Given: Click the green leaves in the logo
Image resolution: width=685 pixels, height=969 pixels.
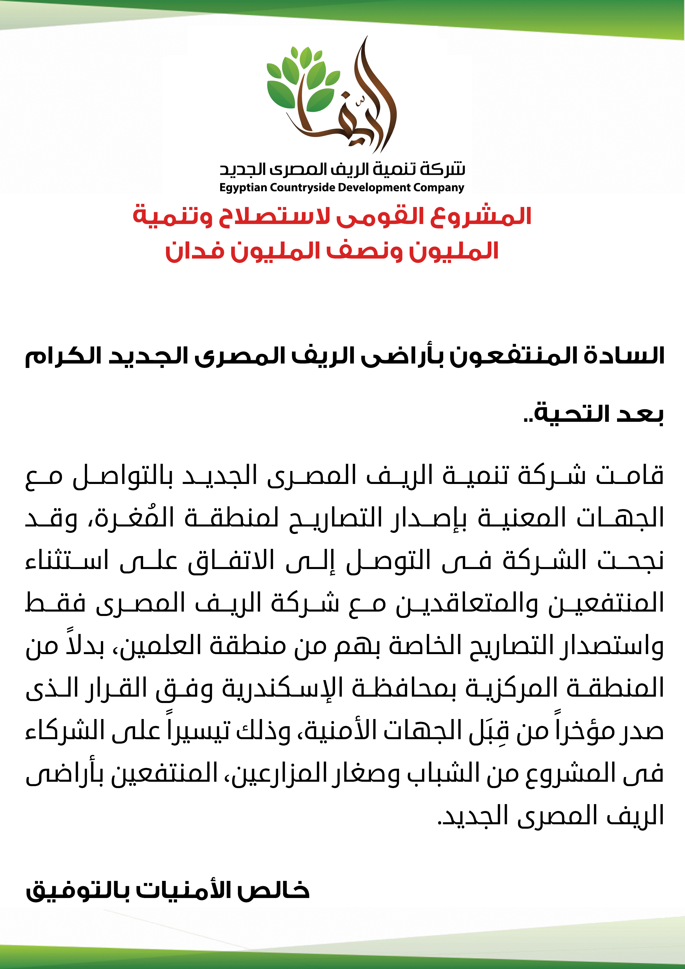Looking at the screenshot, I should click(x=302, y=80).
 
